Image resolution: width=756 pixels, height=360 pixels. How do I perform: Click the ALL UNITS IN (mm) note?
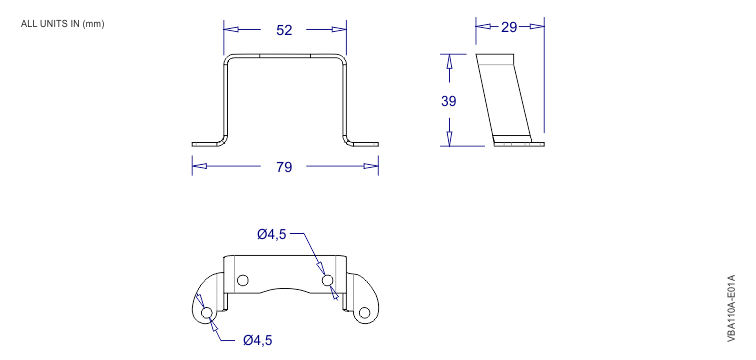click(x=62, y=23)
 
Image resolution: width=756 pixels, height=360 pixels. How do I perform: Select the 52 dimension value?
click(x=284, y=30)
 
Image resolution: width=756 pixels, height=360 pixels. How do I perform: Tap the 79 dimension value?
click(x=284, y=167)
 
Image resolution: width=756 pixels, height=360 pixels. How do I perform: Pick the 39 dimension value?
click(x=449, y=101)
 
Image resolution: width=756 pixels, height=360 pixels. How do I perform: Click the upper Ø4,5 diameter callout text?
click(x=271, y=234)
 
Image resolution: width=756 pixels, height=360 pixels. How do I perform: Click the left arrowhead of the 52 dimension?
click(x=228, y=30)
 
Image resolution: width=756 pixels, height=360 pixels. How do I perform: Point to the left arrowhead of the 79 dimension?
click(x=198, y=167)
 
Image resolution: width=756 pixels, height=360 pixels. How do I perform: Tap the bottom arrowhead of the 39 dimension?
click(x=449, y=138)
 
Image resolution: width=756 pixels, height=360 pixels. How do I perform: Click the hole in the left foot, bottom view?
click(x=207, y=313)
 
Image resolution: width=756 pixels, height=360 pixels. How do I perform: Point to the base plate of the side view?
click(x=517, y=142)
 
